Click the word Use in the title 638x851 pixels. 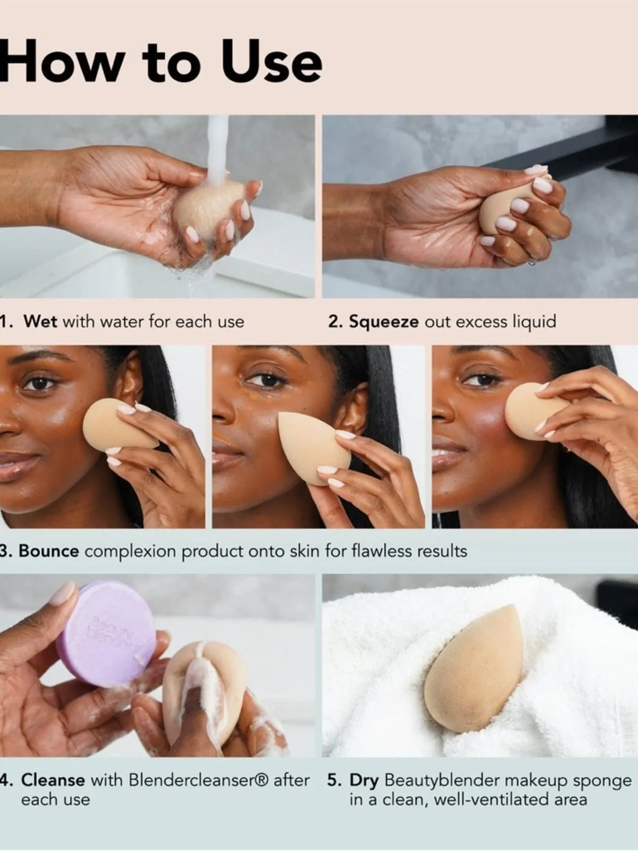tap(272, 63)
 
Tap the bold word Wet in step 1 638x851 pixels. tap(40, 321)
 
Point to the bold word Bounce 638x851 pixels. tap(49, 551)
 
